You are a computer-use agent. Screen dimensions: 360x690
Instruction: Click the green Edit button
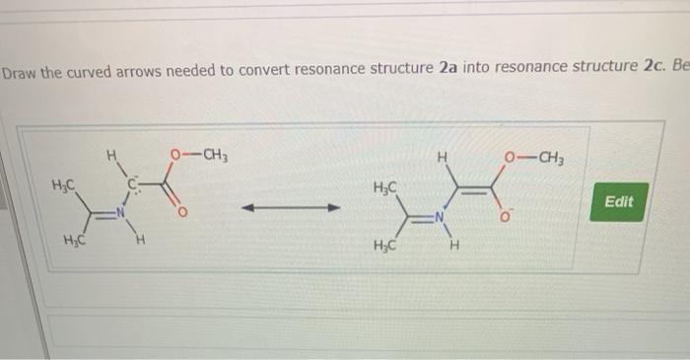pos(619,201)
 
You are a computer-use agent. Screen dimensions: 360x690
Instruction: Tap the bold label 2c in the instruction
pos(651,67)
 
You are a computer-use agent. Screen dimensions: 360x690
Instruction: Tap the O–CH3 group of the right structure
pos(532,158)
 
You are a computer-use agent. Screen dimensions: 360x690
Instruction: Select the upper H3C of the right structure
pos(386,188)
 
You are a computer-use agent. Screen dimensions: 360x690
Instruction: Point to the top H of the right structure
pos(444,157)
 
